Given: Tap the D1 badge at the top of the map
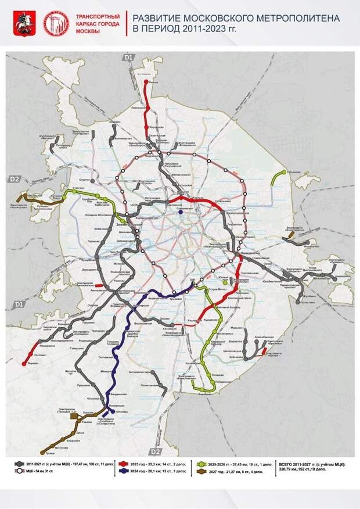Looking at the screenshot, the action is click(129, 57).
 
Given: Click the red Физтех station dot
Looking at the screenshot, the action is click(145, 83).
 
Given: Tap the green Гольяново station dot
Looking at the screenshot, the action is click(285, 173).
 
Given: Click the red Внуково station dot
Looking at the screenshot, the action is click(24, 364).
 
